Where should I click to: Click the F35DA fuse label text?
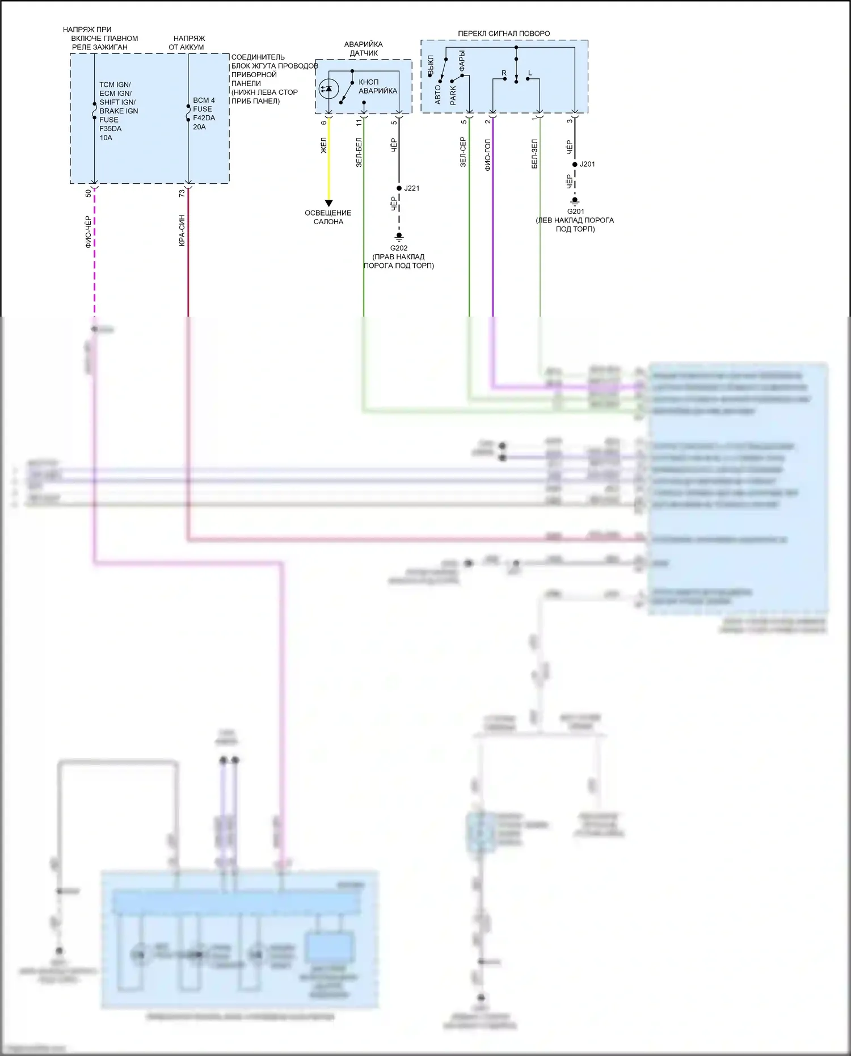pos(110,129)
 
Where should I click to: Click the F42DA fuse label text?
pos(204,118)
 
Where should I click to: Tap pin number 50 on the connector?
pos(88,193)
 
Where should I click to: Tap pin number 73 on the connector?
pos(182,193)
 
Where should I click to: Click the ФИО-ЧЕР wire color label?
pos(88,232)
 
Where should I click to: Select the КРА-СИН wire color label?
pos(182,230)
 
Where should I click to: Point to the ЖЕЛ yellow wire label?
pos(323,145)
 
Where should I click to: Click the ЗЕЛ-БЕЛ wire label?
pos(359,152)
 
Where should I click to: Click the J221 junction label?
pos(412,188)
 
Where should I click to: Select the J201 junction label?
pos(587,165)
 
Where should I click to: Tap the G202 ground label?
pos(399,248)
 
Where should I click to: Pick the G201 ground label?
pos(575,212)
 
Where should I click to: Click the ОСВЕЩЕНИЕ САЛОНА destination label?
pos(328,217)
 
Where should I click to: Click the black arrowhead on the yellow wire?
pos(328,203)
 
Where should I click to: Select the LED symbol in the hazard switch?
pos(328,89)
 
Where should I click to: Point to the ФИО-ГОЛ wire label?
pos(487,155)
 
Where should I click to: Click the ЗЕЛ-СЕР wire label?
pos(463,152)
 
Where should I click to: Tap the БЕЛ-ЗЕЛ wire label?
pos(534,154)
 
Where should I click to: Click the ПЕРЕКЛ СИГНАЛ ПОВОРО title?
pos(504,33)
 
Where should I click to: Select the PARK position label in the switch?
pos(453,95)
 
